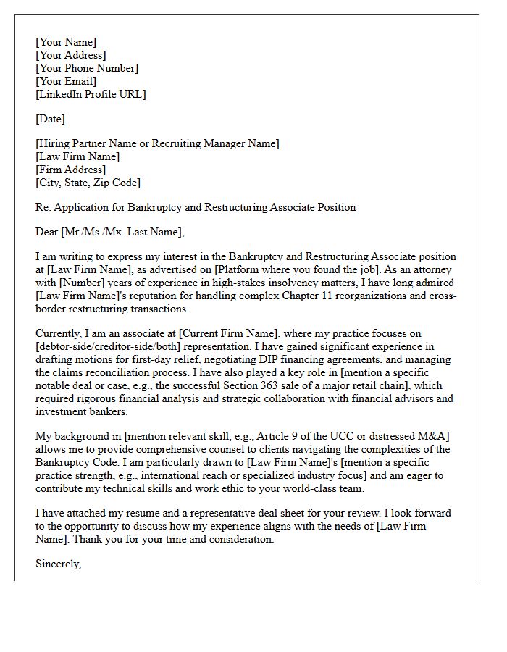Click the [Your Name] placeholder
(65, 42)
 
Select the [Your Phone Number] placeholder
(87, 68)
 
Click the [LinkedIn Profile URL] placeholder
(91, 94)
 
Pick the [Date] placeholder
(50, 119)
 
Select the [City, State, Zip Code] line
(88, 183)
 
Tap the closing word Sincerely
(58, 563)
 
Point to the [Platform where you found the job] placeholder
(296, 269)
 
